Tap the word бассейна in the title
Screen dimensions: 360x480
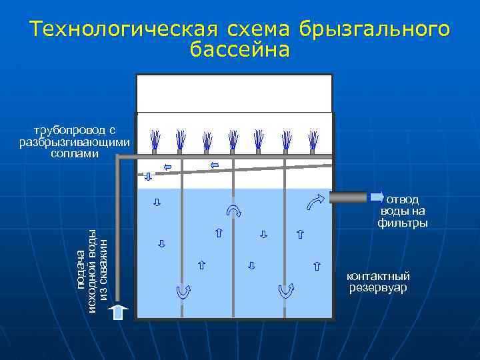[240, 50]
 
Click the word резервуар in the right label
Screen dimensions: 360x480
[378, 288]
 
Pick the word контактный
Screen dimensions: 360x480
[378, 276]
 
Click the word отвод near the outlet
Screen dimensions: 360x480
[403, 199]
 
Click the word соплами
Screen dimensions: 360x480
[75, 153]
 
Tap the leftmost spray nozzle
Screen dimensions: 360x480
[155, 140]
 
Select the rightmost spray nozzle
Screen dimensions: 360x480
[313, 140]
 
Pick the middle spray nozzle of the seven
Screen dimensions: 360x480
[233, 140]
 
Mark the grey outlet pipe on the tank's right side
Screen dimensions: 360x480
[347, 197]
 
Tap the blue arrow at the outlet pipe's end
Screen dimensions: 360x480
[377, 197]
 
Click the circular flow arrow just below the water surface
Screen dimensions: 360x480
[234, 211]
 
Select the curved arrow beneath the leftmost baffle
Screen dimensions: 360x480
[183, 291]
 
